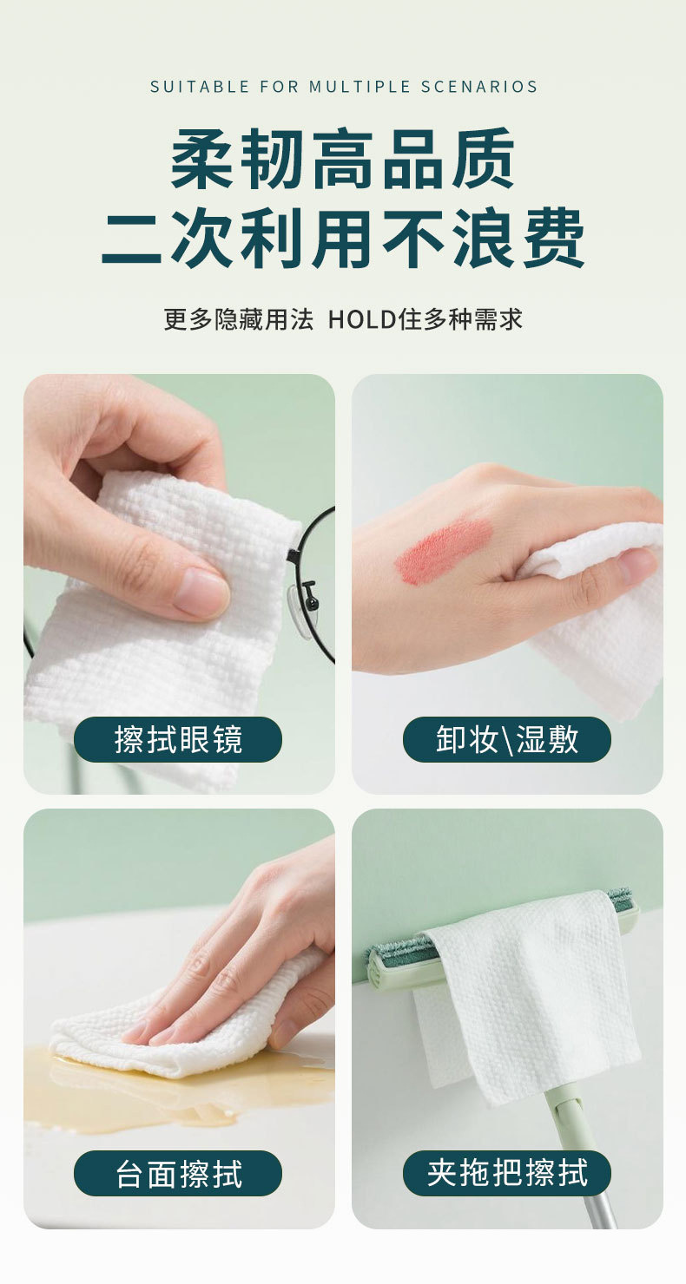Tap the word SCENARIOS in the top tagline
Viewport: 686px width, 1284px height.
point(479,87)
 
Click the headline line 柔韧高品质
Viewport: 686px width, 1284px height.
point(342,160)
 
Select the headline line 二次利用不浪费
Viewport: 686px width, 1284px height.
point(342,238)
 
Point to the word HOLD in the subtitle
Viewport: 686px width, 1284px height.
point(362,319)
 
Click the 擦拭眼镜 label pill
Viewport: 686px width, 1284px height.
point(178,739)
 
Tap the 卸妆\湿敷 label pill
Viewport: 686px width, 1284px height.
point(507,739)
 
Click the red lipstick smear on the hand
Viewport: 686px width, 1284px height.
point(444,550)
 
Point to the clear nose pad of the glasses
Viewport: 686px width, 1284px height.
point(300,611)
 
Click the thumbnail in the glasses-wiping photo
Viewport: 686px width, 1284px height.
point(200,593)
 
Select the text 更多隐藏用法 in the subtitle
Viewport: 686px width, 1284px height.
point(239,319)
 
